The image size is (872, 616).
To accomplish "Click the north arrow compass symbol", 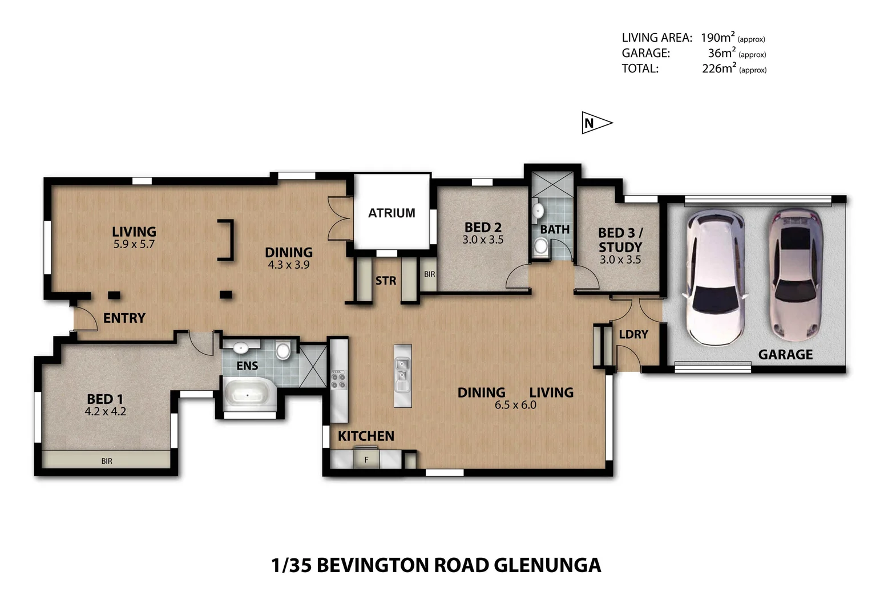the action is (597, 123).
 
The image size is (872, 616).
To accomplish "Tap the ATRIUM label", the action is (391, 213).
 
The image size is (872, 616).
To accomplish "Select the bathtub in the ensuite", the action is (249, 394).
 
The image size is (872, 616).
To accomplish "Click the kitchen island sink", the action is (402, 376).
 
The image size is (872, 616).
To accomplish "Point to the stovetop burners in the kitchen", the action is (338, 379).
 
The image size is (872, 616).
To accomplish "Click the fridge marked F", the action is (366, 460).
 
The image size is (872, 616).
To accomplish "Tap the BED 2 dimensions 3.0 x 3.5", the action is (483, 240).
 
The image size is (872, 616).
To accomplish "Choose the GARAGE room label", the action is (785, 355).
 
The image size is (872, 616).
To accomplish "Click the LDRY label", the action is (633, 334).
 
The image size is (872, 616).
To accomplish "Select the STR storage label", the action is (385, 281).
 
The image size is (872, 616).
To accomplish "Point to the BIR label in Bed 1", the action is (107, 461).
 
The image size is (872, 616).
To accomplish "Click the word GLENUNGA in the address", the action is (547, 566).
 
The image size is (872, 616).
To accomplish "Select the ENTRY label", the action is (124, 318).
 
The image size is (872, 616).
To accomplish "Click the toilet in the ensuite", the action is (283, 350).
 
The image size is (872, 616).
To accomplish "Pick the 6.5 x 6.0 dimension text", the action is (515, 405).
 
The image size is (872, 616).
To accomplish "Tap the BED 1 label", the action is (104, 399).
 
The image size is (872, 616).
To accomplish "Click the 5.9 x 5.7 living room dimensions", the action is (134, 244).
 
